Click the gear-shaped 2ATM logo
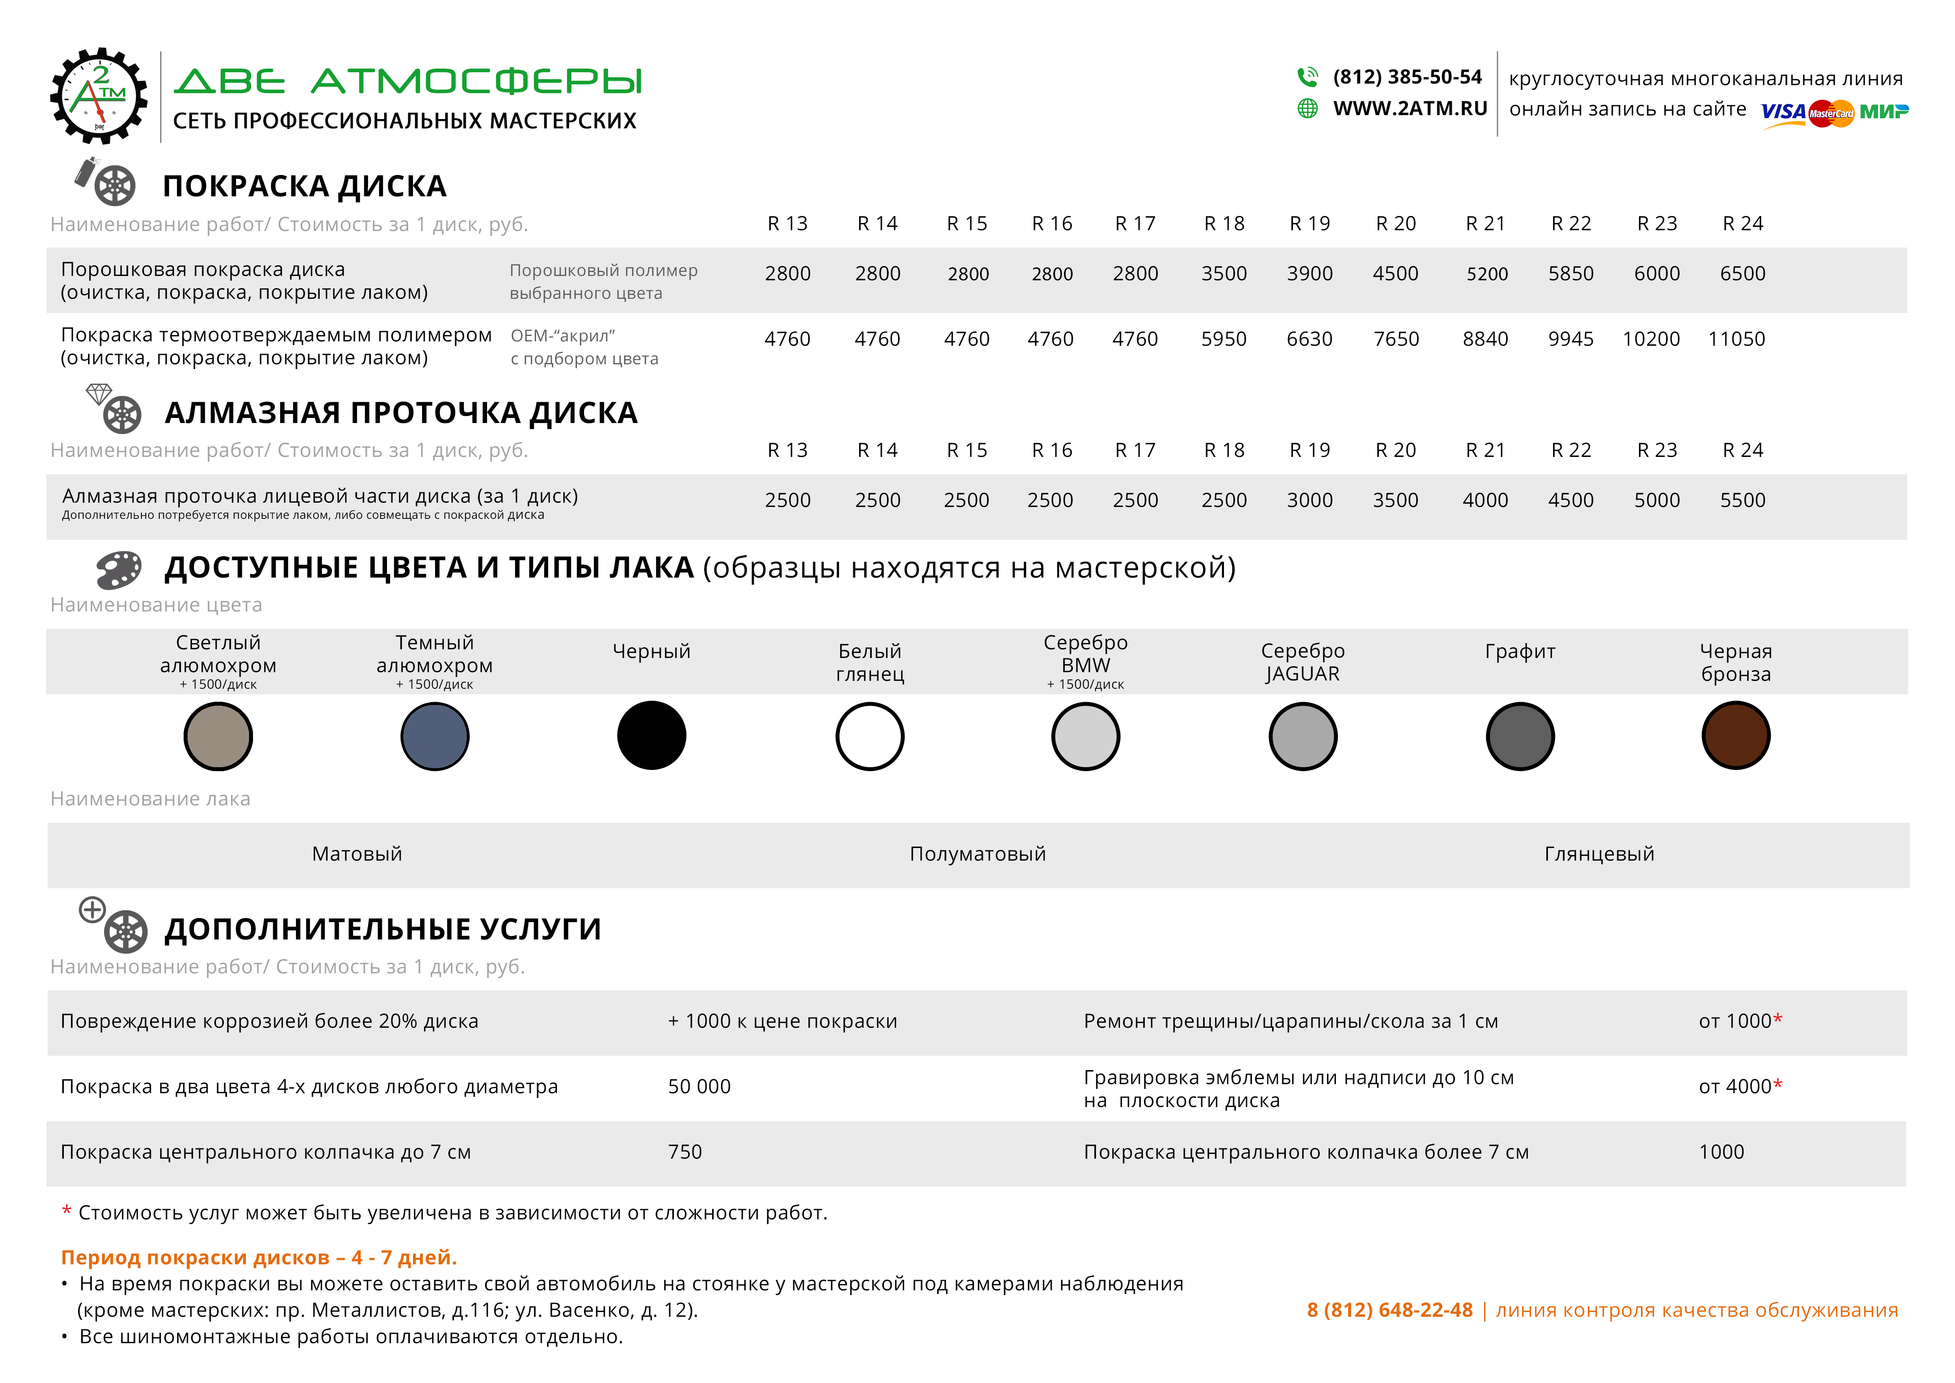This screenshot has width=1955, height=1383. (x=99, y=95)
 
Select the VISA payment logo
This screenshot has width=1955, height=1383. (x=1782, y=112)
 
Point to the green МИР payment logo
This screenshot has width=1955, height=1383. (x=1884, y=112)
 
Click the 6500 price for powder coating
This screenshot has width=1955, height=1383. (x=1742, y=273)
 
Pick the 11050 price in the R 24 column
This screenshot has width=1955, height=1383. (x=1736, y=339)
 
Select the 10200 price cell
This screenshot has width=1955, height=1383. (x=1651, y=339)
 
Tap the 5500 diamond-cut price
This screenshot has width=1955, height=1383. (x=1742, y=500)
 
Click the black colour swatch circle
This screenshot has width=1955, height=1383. (x=651, y=736)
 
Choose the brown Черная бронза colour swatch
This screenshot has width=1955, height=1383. (x=1736, y=736)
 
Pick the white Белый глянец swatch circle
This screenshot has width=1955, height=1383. (x=869, y=736)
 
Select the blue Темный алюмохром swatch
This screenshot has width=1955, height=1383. (x=434, y=736)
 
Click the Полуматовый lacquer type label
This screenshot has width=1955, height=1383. (x=977, y=854)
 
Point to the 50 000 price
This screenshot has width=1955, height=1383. (x=699, y=1087)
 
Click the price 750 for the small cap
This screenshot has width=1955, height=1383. (x=685, y=1152)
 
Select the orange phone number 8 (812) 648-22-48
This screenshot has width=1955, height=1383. (x=1390, y=1310)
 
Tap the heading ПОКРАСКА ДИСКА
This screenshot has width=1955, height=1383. (x=304, y=186)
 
